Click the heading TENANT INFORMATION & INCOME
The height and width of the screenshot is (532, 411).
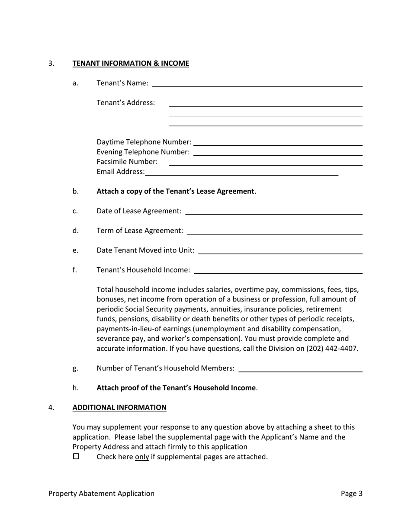pyautogui.click(x=131, y=63)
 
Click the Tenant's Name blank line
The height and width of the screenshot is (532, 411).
pyautogui.click(x=257, y=83)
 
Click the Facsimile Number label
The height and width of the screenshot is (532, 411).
pyautogui.click(x=127, y=162)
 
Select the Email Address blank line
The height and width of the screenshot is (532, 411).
pyautogui.click(x=241, y=172)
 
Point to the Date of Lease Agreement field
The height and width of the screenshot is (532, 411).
pyautogui.click(x=273, y=211)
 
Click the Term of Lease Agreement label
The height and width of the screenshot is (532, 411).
pyautogui.click(x=140, y=231)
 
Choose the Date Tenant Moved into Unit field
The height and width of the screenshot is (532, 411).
pyautogui.click(x=280, y=250)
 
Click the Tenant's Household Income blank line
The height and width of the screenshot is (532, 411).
pyautogui.click(x=278, y=270)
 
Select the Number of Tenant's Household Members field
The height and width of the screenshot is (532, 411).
pyautogui.click(x=300, y=369)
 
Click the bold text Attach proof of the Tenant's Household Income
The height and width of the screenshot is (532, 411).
pyautogui.click(x=176, y=388)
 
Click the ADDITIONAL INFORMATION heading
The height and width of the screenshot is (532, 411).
pyautogui.click(x=119, y=407)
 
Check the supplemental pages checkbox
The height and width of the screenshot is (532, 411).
pyautogui.click(x=77, y=456)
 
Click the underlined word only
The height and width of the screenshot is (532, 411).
pyautogui.click(x=142, y=457)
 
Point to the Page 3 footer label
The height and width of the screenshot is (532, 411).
pyautogui.click(x=351, y=494)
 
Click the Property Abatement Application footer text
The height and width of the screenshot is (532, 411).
pyautogui.click(x=101, y=494)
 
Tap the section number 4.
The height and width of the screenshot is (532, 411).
pyautogui.click(x=51, y=407)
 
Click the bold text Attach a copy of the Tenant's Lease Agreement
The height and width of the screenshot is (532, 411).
pyautogui.click(x=175, y=191)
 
